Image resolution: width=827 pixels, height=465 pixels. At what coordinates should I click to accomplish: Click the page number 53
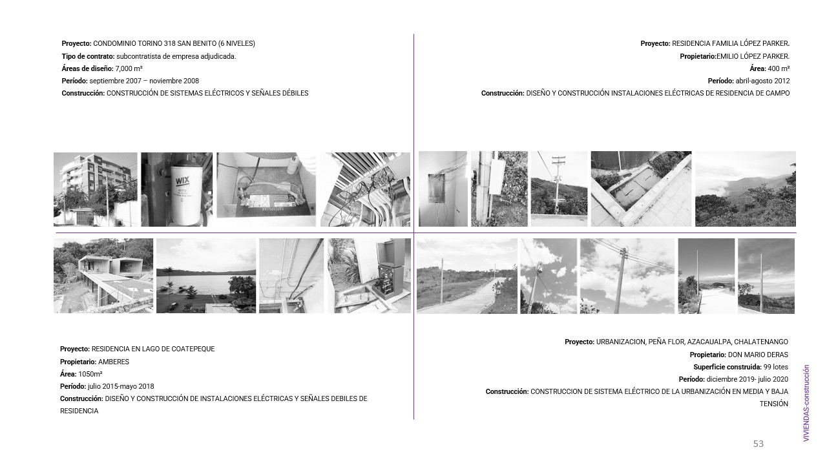click(758, 444)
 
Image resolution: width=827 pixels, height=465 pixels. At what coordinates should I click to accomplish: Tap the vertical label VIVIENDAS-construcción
click(806, 404)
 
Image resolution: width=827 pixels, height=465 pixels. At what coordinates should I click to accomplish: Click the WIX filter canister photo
click(176, 189)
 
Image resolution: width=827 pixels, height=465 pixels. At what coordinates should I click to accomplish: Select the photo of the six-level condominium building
click(96, 189)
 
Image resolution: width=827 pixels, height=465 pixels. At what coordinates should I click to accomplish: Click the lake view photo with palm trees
click(205, 276)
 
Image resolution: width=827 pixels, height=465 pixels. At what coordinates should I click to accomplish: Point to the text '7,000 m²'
click(129, 68)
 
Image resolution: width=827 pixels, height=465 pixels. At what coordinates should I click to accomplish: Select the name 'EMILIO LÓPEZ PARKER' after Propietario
click(753, 56)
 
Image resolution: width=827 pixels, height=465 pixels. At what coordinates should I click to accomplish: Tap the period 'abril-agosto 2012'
click(762, 81)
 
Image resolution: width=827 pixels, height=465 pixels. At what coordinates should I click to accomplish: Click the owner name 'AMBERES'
click(114, 362)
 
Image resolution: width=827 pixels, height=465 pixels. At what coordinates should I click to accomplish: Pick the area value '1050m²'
click(90, 374)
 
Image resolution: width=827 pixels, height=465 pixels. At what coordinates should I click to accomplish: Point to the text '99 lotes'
click(775, 367)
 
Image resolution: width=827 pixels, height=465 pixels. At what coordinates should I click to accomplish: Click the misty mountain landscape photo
click(745, 189)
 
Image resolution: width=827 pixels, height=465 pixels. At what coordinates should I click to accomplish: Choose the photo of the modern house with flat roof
click(103, 276)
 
